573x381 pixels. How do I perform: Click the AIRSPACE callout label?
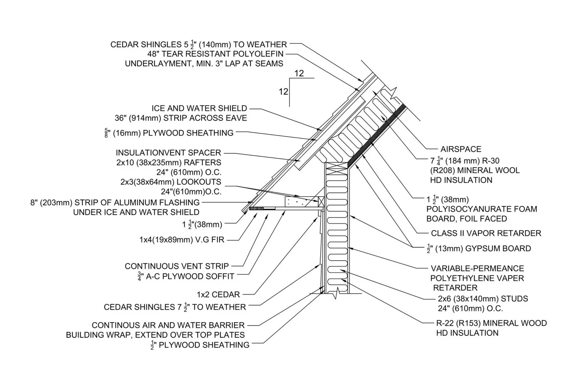click(x=461, y=149)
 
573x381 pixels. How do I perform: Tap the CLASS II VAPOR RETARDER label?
click(x=486, y=233)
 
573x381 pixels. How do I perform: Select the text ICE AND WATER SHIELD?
click(x=199, y=109)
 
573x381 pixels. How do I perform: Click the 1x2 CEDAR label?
click(x=218, y=295)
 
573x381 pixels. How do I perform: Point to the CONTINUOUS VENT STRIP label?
click(x=177, y=266)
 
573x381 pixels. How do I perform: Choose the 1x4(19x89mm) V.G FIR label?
click(x=182, y=240)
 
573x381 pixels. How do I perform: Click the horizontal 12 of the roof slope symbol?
click(x=299, y=74)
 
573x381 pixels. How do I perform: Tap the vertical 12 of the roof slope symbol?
click(x=283, y=92)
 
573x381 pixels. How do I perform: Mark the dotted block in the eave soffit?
click(x=295, y=202)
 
